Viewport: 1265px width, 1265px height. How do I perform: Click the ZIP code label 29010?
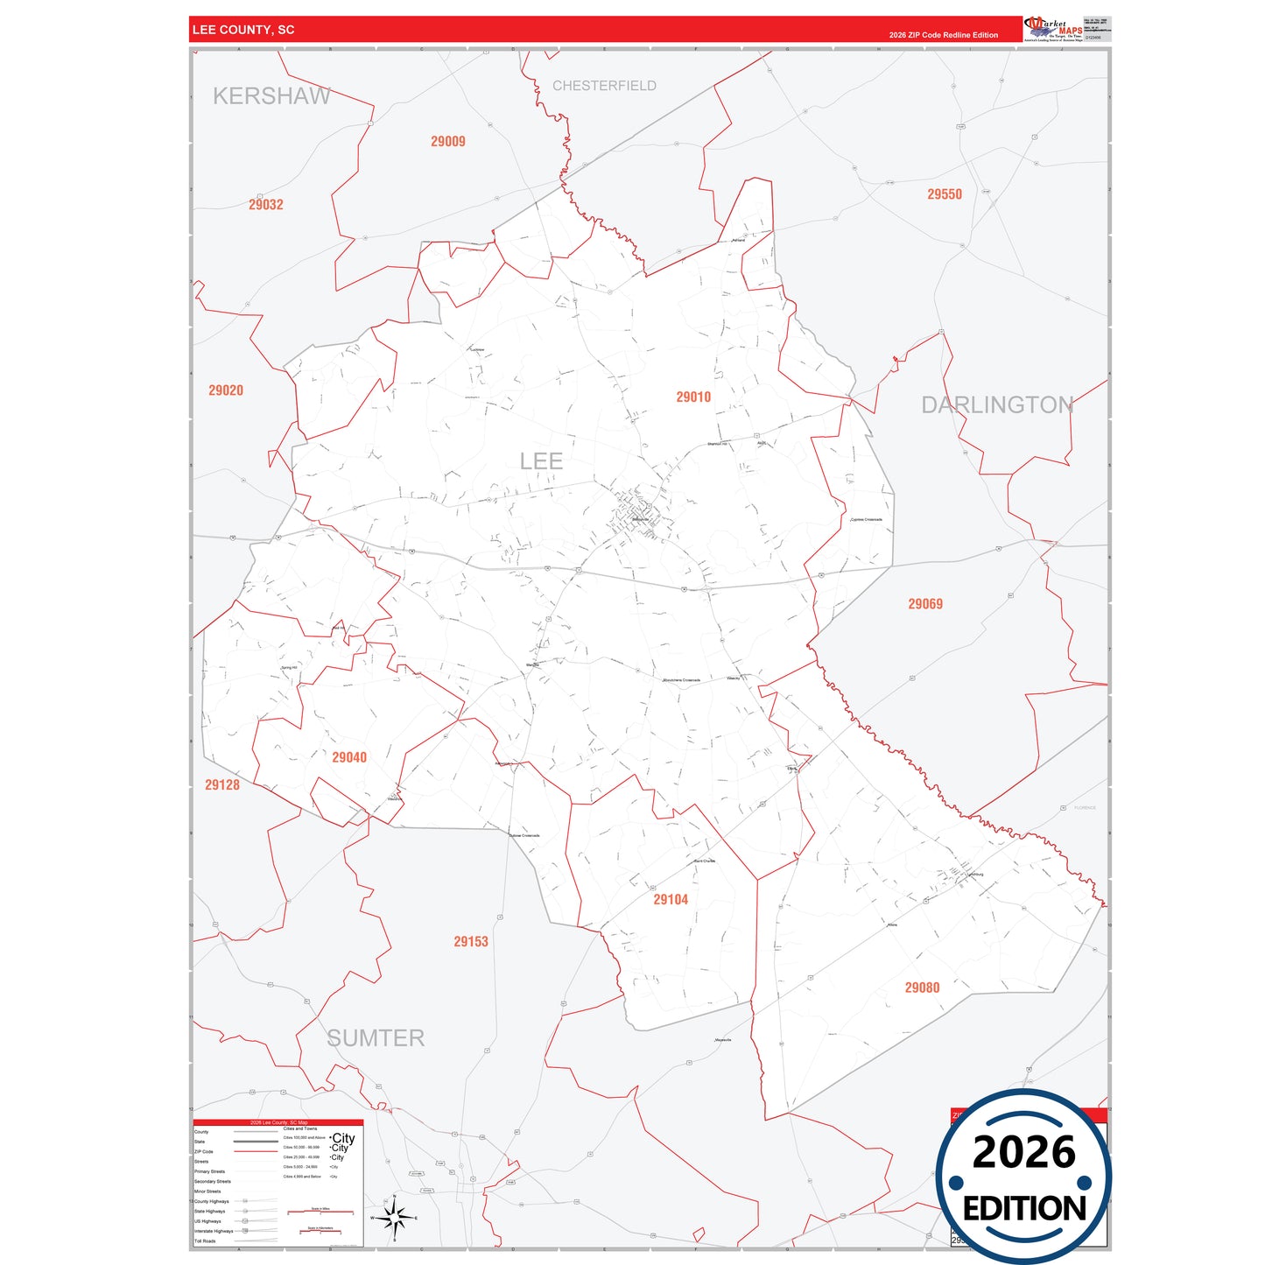(693, 397)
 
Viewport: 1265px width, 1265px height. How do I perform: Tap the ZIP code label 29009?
(448, 142)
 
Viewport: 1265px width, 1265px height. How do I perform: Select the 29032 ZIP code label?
(266, 205)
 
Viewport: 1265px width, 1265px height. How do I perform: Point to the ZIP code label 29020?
(226, 390)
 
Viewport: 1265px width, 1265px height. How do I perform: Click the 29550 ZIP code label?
(945, 194)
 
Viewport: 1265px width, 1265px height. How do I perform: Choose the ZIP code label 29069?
(925, 604)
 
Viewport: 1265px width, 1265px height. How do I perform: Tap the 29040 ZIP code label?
(349, 757)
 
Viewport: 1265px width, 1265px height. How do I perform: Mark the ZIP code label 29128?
(222, 785)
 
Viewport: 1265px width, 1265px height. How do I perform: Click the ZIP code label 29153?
(471, 942)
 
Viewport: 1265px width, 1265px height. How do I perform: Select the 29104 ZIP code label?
(671, 900)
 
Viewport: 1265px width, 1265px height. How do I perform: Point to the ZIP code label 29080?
(922, 987)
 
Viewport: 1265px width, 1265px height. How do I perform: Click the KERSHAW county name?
(271, 96)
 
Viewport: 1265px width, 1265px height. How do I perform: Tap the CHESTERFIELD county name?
(604, 86)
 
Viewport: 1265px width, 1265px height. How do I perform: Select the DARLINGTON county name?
(997, 404)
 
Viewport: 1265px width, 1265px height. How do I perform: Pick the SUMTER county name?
(376, 1038)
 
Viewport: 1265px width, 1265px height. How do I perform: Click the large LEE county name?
(541, 461)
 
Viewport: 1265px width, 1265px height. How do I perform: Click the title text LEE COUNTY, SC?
(243, 30)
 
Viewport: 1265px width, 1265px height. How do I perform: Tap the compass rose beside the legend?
(395, 1218)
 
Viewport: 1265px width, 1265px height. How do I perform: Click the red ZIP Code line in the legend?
(257, 1151)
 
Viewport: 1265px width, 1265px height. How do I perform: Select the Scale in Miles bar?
(320, 1212)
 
